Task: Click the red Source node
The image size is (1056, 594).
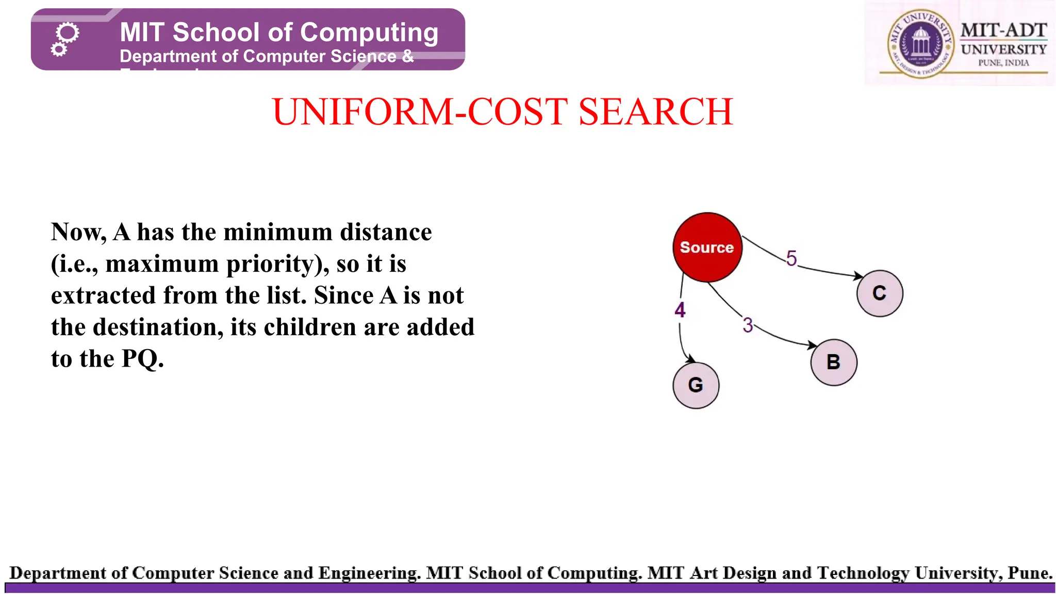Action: pos(707,247)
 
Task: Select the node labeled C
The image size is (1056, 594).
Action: pos(880,293)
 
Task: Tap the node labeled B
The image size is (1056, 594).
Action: pos(834,362)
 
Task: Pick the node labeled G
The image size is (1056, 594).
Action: pos(696,385)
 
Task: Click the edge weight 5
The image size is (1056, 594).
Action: pos(791,258)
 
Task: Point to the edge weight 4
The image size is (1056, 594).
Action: pos(680,310)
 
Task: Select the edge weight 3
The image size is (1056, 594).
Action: pos(748,325)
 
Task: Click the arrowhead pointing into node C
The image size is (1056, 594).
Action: pos(859,276)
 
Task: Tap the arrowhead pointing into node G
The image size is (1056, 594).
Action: pos(690,358)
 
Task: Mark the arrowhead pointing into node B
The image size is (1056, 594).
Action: pos(812,345)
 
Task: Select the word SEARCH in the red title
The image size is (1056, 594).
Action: pos(655,112)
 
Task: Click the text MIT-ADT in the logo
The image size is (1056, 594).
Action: pos(1003,30)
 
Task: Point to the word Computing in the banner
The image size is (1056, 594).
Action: pos(369,32)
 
